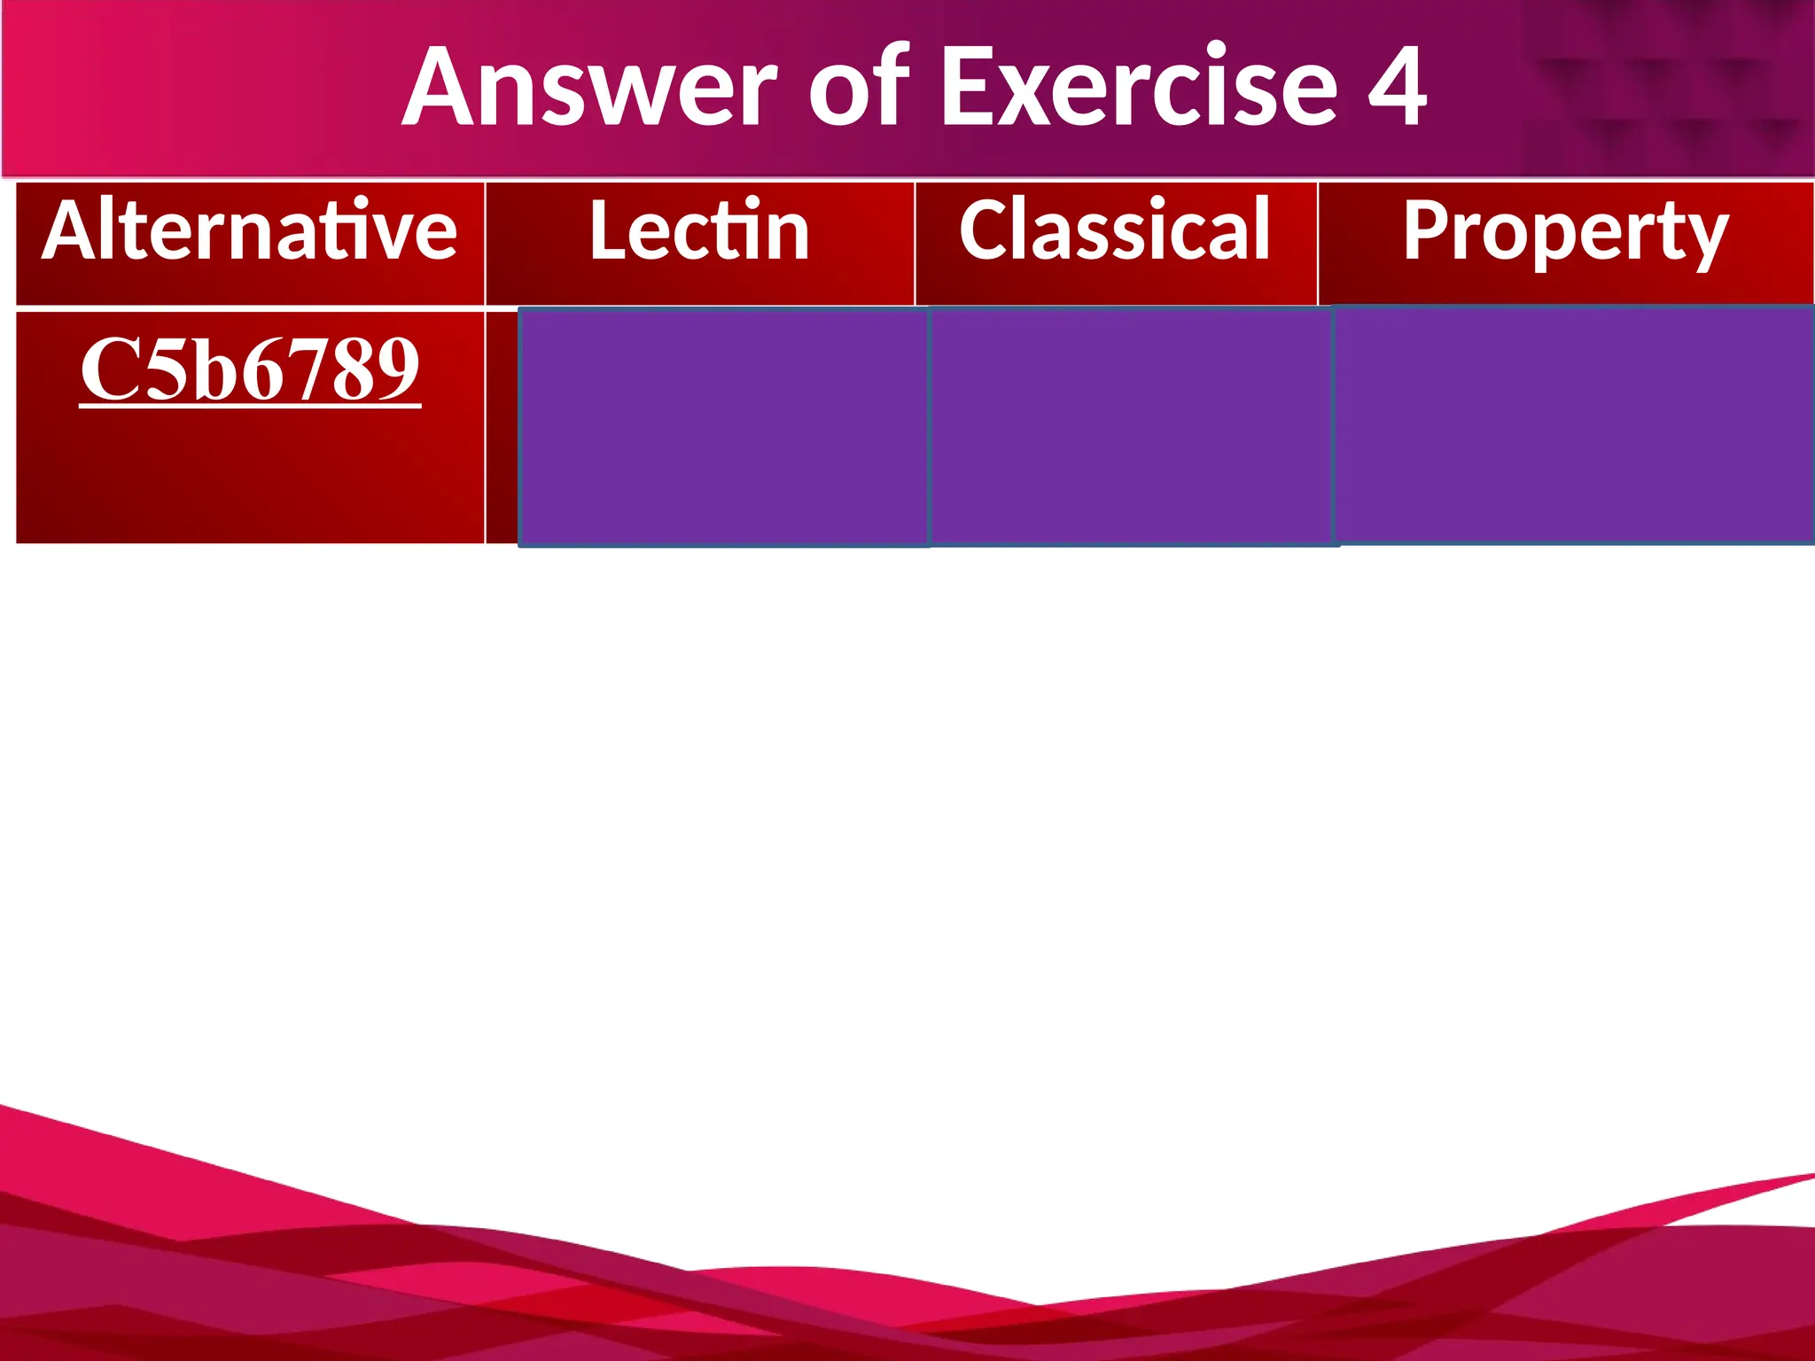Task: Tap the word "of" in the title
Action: point(858,89)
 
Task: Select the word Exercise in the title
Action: point(1138,89)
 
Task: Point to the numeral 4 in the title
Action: point(1397,89)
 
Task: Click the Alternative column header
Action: point(250,232)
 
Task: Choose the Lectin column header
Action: point(699,232)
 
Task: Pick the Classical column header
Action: point(1115,232)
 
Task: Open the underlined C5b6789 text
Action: point(250,370)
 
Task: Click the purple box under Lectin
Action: point(723,427)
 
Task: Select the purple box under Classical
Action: point(1132,427)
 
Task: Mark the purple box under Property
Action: point(1574,425)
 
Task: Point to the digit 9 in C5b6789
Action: point(398,370)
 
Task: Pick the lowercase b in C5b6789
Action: point(209,370)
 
